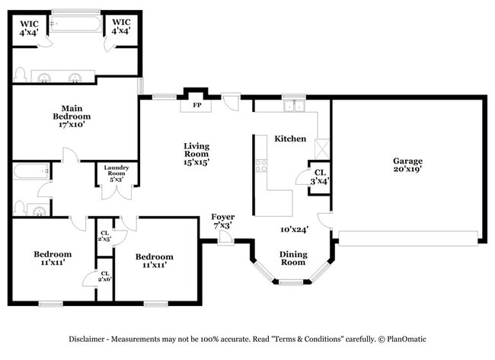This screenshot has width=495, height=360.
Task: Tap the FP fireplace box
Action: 196,105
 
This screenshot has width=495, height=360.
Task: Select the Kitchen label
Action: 291,139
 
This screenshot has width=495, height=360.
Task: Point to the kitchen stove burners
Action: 261,164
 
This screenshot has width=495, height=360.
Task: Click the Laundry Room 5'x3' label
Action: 117,172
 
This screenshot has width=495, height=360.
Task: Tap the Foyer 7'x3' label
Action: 222,221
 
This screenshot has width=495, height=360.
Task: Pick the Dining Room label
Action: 293,259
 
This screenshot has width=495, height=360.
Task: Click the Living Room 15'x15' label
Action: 196,153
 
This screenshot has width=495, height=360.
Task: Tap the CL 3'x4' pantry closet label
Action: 320,177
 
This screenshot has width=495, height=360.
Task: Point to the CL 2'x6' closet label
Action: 104,277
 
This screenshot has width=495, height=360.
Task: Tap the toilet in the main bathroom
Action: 21,75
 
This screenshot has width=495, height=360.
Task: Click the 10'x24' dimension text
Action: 292,229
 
